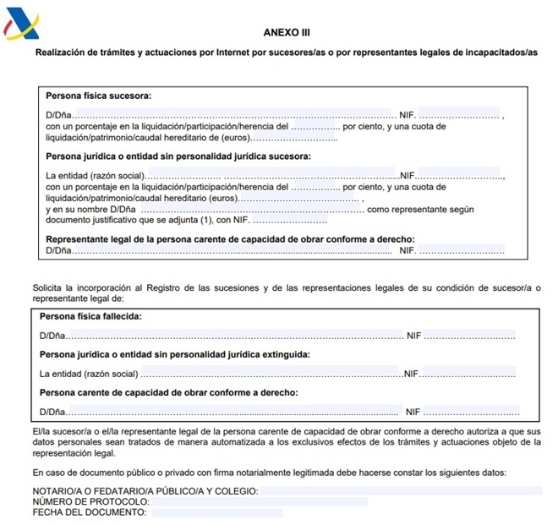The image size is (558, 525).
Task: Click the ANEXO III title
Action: click(287, 32)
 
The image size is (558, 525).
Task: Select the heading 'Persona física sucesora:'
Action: click(98, 96)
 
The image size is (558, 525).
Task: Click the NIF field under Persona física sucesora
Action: click(460, 113)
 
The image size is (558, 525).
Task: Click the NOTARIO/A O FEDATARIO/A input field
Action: click(401, 490)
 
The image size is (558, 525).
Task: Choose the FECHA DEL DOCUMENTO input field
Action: click(216, 512)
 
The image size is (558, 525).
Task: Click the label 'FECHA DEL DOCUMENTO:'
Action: click(90, 512)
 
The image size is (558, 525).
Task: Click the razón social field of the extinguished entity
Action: click(271, 373)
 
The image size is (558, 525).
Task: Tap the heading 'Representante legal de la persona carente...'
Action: click(230, 239)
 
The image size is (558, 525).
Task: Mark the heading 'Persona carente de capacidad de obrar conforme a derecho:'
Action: click(168, 392)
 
